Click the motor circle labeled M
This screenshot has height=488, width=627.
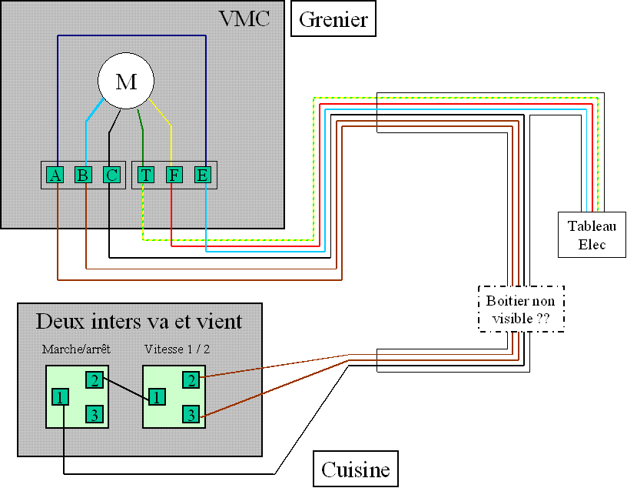click(x=126, y=81)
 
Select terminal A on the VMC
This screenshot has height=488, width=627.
click(x=55, y=175)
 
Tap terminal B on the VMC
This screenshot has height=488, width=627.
click(x=83, y=175)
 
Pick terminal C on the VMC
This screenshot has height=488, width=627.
click(x=112, y=175)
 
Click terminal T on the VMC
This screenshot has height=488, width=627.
click(x=145, y=175)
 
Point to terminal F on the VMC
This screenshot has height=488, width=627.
click(x=174, y=175)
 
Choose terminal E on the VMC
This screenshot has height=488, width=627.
click(x=202, y=175)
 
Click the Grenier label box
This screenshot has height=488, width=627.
click(x=333, y=20)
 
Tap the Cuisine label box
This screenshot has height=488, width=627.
click(x=355, y=469)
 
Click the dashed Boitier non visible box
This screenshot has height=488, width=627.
click(x=521, y=309)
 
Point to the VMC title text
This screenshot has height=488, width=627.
click(x=245, y=18)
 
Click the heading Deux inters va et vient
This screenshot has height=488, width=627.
click(x=139, y=321)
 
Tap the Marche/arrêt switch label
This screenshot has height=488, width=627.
click(x=76, y=349)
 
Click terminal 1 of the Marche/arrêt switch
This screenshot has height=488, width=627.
click(x=60, y=398)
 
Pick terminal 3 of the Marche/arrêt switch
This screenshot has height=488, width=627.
click(x=93, y=415)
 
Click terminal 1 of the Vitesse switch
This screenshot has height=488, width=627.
click(x=157, y=398)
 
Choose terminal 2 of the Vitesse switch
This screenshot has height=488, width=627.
click(x=191, y=379)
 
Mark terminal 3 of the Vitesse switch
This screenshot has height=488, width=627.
click(x=191, y=415)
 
